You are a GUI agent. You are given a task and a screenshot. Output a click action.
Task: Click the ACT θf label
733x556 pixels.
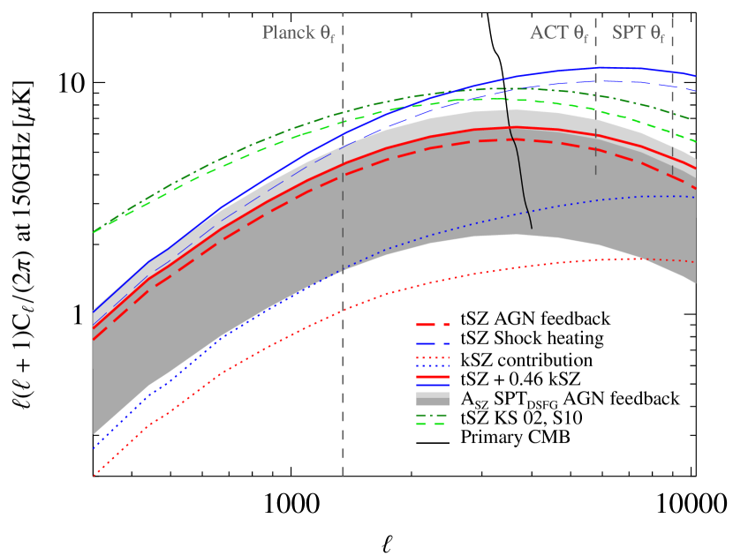pyautogui.click(x=559, y=34)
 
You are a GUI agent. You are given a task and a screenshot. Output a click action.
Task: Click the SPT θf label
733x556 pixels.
pyautogui.click(x=639, y=34)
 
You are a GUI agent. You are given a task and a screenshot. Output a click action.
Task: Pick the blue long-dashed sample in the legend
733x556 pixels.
pyautogui.click(x=433, y=343)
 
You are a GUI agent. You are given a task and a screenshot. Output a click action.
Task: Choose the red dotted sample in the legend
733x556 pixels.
pyautogui.click(x=433, y=357)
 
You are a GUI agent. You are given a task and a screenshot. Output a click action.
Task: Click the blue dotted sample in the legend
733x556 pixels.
pyautogui.click(x=433, y=365)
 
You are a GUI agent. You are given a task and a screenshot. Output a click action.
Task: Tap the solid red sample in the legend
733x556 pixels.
pyautogui.click(x=433, y=377)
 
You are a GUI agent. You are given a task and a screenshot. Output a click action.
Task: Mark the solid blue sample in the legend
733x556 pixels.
pyautogui.click(x=433, y=386)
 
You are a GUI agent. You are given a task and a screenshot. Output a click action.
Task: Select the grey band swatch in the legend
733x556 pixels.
pyautogui.click(x=433, y=399)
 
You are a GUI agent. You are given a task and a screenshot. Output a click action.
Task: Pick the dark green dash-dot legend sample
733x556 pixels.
pyautogui.click(x=433, y=414)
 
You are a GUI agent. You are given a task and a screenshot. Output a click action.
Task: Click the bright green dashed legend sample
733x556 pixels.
pyautogui.click(x=433, y=425)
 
